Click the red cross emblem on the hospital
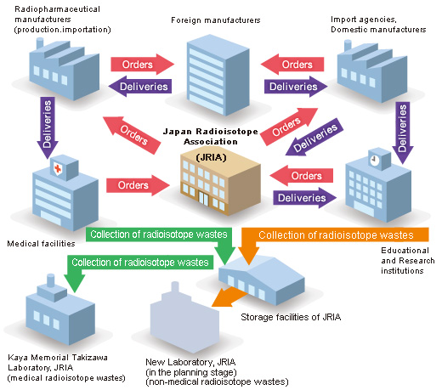coord(58,169)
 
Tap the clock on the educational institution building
coord(374,159)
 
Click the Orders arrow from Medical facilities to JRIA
coord(138,185)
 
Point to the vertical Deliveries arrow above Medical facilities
coord(48,128)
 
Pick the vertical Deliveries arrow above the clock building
coord(403,133)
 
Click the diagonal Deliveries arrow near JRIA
coord(314,138)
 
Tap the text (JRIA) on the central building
coord(211,157)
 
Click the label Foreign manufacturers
coord(216,20)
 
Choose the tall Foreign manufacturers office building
coord(218,75)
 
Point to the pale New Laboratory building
coord(184,317)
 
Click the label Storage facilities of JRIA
coord(291,317)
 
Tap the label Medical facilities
coord(41,244)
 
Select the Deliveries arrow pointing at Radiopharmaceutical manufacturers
coord(140,87)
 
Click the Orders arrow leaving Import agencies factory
coord(292,65)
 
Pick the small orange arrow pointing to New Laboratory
coord(228,297)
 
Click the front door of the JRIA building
coord(203,198)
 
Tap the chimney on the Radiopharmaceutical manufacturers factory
coord(40,43)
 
